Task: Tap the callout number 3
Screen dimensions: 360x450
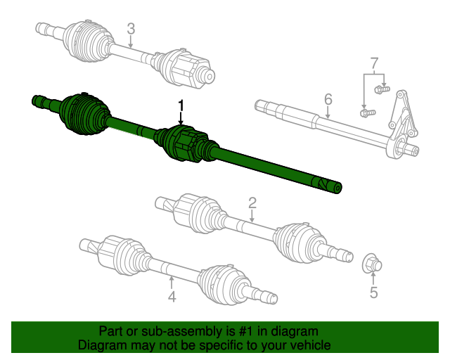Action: (x=131, y=29)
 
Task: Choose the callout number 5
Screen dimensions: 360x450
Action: (x=373, y=292)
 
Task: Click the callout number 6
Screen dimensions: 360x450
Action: (x=328, y=98)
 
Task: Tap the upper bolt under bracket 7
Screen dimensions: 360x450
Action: (x=382, y=89)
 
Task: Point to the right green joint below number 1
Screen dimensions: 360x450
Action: (x=184, y=143)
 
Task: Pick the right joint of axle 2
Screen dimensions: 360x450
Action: (x=299, y=241)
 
